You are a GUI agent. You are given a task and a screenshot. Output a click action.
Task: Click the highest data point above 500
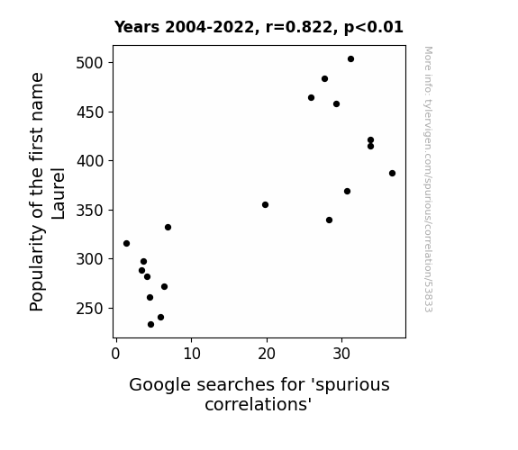coord(350,59)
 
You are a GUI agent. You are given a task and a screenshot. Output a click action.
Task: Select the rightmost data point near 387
coord(392,174)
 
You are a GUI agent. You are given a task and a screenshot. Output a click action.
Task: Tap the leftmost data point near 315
coord(126,244)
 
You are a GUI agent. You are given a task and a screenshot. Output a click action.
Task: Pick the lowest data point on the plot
coord(151,325)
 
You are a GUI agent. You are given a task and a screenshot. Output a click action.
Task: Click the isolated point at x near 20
coord(265,205)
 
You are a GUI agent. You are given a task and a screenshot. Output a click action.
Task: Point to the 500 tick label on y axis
coord(90,63)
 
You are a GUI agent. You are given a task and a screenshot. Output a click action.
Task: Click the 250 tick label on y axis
coord(90,309)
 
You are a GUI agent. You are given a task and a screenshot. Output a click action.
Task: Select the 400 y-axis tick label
coord(90,161)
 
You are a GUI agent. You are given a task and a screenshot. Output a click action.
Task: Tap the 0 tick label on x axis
coord(115,355)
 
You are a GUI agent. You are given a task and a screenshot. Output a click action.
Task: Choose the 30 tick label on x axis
coord(341,355)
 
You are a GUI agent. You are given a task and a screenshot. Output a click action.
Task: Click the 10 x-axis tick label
coord(192,355)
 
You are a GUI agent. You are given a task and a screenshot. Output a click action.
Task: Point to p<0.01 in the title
coord(374,28)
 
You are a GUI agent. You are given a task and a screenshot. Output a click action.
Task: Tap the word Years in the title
coord(137,27)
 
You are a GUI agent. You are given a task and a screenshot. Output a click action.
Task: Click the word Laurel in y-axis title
coord(59,193)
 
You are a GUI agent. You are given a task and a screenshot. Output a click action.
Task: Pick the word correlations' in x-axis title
coord(259,404)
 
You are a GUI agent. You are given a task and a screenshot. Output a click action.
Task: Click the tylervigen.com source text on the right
coord(428,179)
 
